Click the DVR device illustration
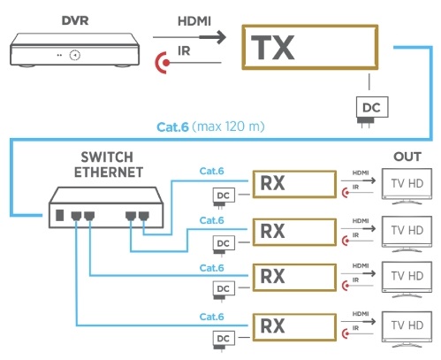[74, 50]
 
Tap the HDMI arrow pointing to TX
[189, 37]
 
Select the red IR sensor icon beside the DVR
[163, 63]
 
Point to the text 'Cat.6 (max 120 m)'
[210, 126]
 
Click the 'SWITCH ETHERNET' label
[108, 165]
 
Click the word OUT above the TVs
[407, 157]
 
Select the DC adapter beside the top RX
[224, 197]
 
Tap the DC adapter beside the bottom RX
[224, 341]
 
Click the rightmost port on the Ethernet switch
[144, 216]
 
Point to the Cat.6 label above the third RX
[211, 268]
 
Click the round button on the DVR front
[75, 55]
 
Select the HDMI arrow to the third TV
[358, 273]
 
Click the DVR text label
[75, 20]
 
